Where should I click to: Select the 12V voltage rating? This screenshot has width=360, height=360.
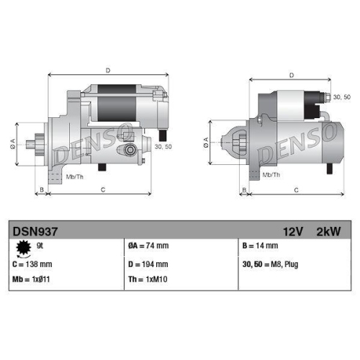pos(292,232)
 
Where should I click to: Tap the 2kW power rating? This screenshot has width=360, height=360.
pos(328,232)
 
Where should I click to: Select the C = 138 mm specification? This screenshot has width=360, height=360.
pos(32,264)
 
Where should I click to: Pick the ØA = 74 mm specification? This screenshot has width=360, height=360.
pos(148,246)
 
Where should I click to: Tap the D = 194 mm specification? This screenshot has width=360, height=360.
pos(148,264)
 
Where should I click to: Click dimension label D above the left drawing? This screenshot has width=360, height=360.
pos(107,70)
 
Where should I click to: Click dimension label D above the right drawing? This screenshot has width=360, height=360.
pos(291,74)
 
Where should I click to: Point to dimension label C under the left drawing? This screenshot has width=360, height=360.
pos(103,190)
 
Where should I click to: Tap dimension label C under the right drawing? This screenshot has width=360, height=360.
pos(296,190)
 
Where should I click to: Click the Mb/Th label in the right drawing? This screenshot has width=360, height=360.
pos(271,175)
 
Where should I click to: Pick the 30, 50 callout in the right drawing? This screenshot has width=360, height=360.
pos(342,96)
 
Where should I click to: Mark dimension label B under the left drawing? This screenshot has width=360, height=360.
pos(42,190)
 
